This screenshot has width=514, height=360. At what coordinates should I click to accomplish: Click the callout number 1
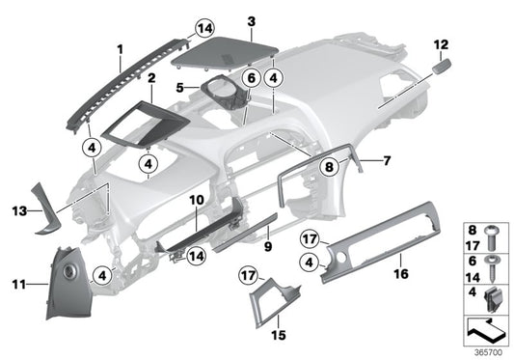point(121,46)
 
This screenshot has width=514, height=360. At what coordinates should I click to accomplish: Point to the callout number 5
point(181,87)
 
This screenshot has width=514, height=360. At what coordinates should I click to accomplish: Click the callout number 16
point(398,274)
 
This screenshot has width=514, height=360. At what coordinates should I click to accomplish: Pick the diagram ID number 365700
point(489,352)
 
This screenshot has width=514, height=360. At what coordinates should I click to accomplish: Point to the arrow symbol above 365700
point(488,331)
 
